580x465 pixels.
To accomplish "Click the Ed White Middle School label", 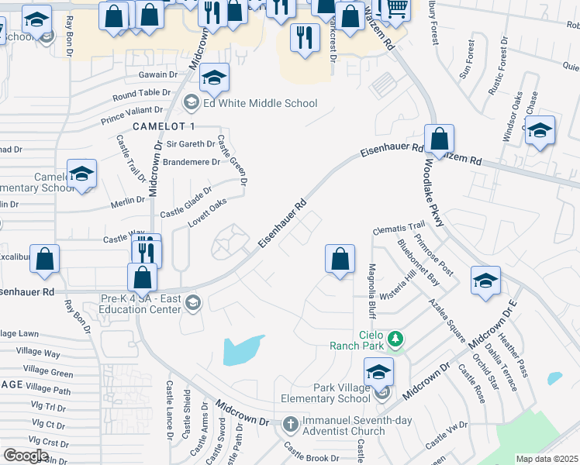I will (x=260, y=103).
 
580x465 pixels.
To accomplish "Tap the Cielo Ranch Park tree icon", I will (x=395, y=338).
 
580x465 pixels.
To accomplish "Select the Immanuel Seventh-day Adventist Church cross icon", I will (x=290, y=424).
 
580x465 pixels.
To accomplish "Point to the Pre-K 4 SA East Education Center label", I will (x=141, y=302).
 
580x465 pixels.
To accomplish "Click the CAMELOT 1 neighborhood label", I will (x=164, y=126).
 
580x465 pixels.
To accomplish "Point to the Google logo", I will (x=26, y=456).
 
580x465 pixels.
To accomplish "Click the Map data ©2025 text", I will (x=547, y=459).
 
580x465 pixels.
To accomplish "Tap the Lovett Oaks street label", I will (x=207, y=213).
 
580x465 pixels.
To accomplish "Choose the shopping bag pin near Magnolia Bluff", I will (x=340, y=260).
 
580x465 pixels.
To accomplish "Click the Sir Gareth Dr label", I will (x=191, y=144).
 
